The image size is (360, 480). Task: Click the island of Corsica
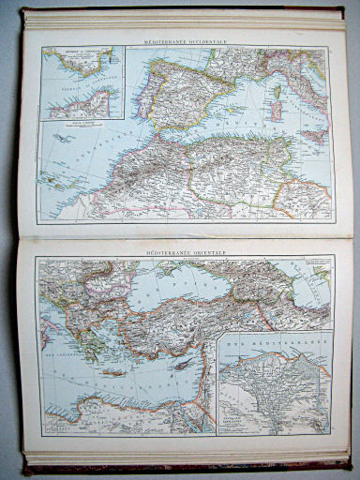click(279, 91)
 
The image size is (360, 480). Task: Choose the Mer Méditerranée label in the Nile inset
click(272, 355)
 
